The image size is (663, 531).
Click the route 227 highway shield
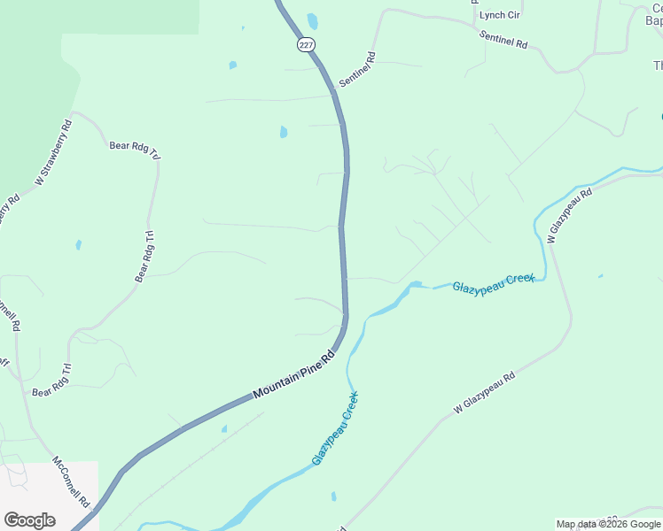[306, 45]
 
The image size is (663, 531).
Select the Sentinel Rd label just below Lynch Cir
[503, 38]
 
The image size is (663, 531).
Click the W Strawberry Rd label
[54, 151]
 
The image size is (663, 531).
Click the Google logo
[29, 519]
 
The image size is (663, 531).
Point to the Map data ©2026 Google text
[608, 524]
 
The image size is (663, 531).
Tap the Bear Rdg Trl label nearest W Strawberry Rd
[135, 151]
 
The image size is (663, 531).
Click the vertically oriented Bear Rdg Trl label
[145, 256]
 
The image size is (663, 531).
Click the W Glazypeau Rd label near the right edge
[569, 216]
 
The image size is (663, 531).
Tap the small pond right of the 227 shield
[312, 20]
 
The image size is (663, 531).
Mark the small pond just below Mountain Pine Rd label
[223, 429]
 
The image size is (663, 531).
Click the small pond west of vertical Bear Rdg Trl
[79, 244]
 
